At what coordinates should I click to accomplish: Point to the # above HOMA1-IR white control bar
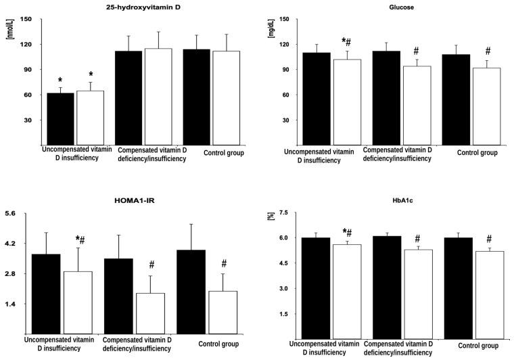pos(224,264)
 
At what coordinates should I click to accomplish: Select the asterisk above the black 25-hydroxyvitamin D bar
pos(60,81)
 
